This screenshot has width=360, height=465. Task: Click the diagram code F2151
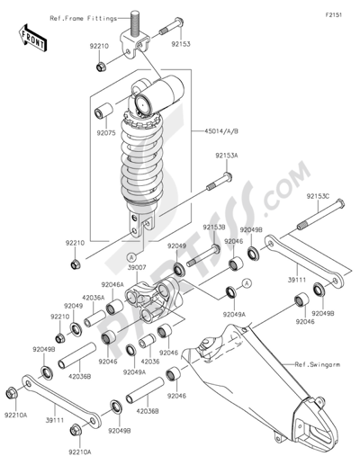coord(336,15)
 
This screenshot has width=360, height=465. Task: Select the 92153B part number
coord(213,228)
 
